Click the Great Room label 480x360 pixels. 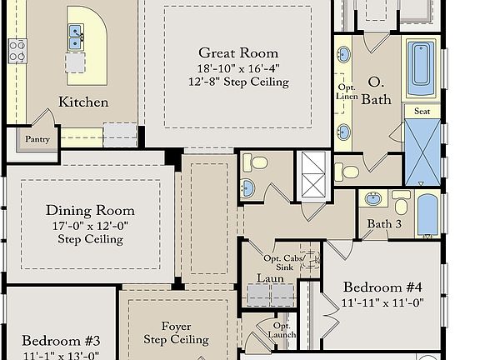[x=238, y=53]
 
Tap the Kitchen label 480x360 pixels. [x=83, y=102]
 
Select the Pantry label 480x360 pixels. [x=37, y=139]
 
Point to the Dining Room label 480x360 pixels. [x=90, y=210]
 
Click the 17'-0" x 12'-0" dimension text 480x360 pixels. [x=90, y=225]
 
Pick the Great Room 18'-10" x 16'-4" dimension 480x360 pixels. [x=238, y=68]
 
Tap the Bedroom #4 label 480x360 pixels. [x=383, y=287]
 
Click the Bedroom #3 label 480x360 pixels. [x=61, y=341]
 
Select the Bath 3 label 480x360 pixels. [x=384, y=224]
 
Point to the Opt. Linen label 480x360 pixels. [x=347, y=92]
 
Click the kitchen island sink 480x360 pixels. [x=76, y=37]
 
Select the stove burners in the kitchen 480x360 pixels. [x=17, y=50]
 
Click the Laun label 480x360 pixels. [x=271, y=278]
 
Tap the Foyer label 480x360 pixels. [x=177, y=326]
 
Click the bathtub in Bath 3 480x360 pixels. [x=426, y=214]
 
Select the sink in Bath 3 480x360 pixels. [x=375, y=199]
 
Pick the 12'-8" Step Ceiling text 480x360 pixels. [x=238, y=82]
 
